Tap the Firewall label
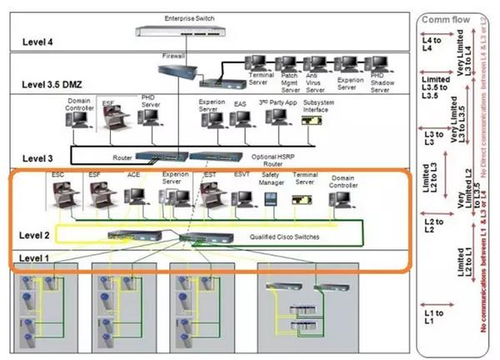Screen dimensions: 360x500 pos(172,56)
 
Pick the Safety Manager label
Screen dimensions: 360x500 pos(271,178)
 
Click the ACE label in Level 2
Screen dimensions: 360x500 pos(133,175)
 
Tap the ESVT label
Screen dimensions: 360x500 pos(242,175)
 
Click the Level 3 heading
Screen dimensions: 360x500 pos(37,157)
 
